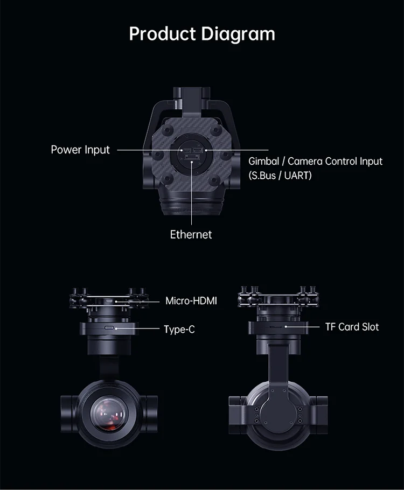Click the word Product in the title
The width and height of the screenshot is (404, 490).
click(x=163, y=33)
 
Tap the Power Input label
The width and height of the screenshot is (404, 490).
click(x=80, y=149)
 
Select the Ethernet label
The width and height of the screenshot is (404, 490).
click(x=191, y=234)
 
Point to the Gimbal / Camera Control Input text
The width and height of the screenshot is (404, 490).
click(x=315, y=161)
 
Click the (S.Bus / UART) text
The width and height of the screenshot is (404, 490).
click(x=280, y=176)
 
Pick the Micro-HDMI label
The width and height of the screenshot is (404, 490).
click(x=191, y=300)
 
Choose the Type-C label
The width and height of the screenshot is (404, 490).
click(x=179, y=328)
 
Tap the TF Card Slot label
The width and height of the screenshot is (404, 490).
click(x=352, y=327)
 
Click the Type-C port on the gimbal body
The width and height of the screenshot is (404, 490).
click(x=109, y=327)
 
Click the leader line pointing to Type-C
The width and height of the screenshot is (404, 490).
click(x=137, y=327)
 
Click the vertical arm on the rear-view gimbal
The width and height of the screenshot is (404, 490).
click(x=278, y=366)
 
